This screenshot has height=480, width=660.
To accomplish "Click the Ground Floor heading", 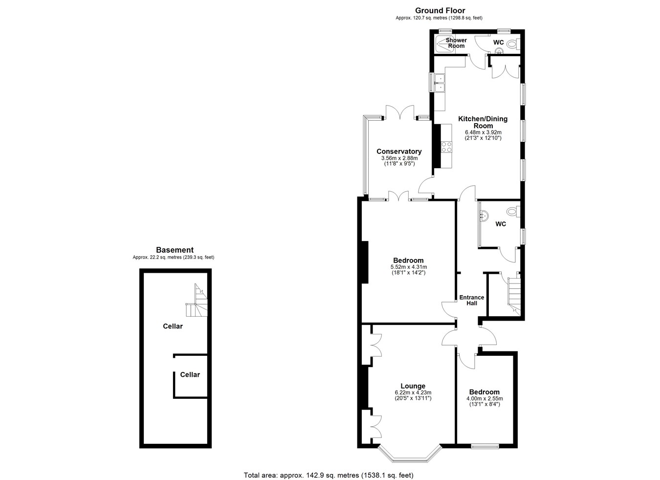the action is pyautogui.click(x=440, y=11).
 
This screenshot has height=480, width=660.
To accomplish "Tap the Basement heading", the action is pyautogui.click(x=175, y=250).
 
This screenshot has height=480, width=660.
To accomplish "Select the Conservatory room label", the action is pyautogui.click(x=399, y=152).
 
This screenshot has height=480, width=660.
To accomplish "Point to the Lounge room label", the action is pyautogui.click(x=413, y=386).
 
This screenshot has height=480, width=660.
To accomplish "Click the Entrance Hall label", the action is pyautogui.click(x=472, y=300).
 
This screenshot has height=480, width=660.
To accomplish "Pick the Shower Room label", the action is pyautogui.click(x=456, y=43).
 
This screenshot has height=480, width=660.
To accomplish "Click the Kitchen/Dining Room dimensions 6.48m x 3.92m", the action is pyautogui.click(x=483, y=132).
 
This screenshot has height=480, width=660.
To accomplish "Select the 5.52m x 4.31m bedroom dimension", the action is pyautogui.click(x=409, y=267).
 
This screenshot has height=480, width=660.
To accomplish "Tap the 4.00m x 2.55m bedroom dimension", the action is pyautogui.click(x=484, y=399).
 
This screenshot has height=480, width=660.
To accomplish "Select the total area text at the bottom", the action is pyautogui.click(x=329, y=475).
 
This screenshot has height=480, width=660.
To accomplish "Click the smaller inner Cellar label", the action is pyautogui.click(x=190, y=374).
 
